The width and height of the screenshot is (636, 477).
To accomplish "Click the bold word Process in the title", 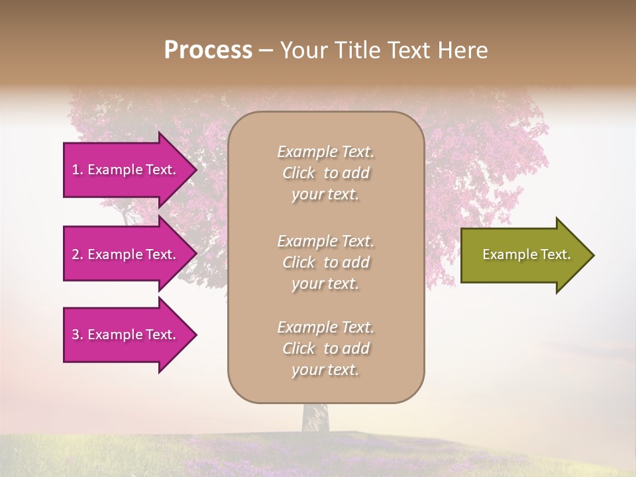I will coord(208,50).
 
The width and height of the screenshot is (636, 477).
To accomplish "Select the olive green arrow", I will coord(523,255).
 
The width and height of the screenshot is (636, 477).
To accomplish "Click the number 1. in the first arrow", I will coord(78,170).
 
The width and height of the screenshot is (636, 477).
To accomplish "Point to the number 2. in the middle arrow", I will coord(78,254).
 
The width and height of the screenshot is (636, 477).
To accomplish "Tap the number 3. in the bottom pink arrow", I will coord(78,335).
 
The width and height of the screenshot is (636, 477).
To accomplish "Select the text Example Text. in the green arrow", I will coord(526,254).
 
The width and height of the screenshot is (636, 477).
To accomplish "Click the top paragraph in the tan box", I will coord(325,173).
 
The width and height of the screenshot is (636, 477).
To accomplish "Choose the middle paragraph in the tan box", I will coord(325,262).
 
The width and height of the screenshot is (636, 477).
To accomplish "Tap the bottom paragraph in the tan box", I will coord(325,348).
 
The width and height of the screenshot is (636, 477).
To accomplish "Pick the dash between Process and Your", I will coord(266,50).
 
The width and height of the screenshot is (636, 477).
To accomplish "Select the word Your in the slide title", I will coord(303,50).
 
